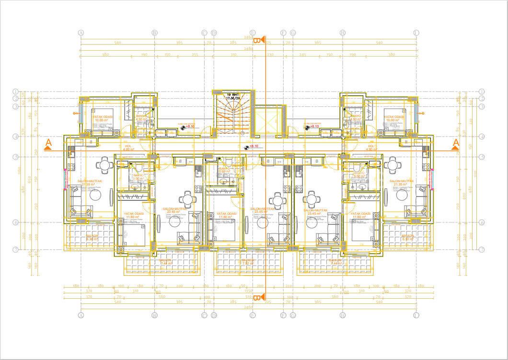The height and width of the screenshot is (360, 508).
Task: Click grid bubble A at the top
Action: (x=81, y=33)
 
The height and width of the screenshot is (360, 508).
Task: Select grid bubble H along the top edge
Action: (x=343, y=33)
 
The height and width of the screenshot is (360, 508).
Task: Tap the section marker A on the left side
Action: (x=48, y=144)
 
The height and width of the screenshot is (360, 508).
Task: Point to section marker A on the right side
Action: (x=456, y=144)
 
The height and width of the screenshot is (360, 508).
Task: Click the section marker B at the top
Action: (x=258, y=40)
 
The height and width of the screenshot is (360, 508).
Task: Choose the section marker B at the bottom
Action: (x=257, y=298)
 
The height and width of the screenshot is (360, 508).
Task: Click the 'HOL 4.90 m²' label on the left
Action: (x=128, y=148)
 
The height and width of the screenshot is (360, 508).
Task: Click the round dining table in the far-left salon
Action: (x=104, y=165)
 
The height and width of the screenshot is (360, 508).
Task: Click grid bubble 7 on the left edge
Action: (x=15, y=249)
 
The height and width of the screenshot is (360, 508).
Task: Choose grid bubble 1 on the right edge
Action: (x=482, y=91)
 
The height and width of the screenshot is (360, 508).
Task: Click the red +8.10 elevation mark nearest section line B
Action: (x=253, y=146)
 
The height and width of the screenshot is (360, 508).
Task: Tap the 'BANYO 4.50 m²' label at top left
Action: (x=141, y=118)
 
